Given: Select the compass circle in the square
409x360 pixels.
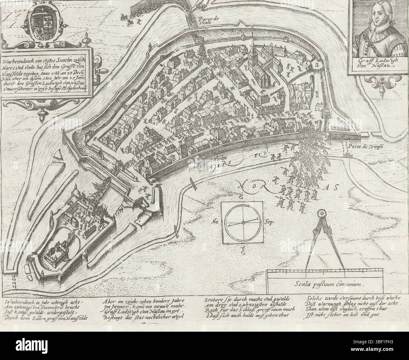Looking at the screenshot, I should click(x=243, y=222).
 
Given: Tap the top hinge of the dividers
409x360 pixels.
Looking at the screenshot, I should click(x=322, y=214).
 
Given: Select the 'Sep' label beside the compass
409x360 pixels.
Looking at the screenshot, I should click(x=270, y=222).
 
